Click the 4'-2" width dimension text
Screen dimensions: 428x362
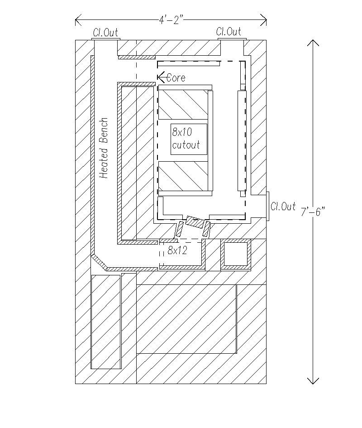click(x=171, y=20)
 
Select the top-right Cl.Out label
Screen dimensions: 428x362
click(x=229, y=32)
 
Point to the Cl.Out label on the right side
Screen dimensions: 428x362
click(x=283, y=207)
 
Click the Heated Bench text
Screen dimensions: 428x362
click(x=104, y=148)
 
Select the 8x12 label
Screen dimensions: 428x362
click(x=177, y=250)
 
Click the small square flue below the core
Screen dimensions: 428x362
click(x=236, y=254)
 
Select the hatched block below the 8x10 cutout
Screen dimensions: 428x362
click(x=183, y=176)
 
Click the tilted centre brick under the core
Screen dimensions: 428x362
click(x=195, y=221)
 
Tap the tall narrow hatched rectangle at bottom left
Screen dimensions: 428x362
click(x=106, y=322)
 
